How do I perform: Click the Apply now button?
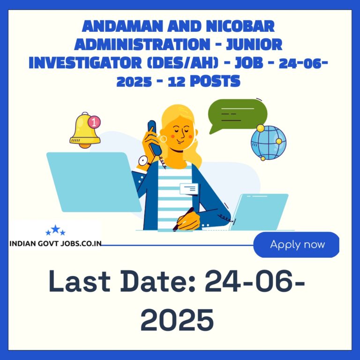pos(296,245)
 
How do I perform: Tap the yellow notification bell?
pos(85,130)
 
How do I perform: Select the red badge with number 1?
pos(94,122)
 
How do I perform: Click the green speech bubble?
pos(237,115)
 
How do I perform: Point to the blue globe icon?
pos(269,142)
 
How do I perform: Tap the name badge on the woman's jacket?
pos(189,189)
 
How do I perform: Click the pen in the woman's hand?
pos(183,219)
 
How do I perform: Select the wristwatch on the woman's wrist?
pos(144,161)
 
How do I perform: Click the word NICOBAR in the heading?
pos(240,26)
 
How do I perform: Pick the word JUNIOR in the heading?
pos(254,45)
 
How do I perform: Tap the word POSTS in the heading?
pos(215,81)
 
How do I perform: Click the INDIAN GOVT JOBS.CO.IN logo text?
pos(55,244)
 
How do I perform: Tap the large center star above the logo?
pos(55,229)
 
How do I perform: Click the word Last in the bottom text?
pos(79,281)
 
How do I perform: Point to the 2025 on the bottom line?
pos(177,320)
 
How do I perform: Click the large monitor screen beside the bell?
pos(94,182)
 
